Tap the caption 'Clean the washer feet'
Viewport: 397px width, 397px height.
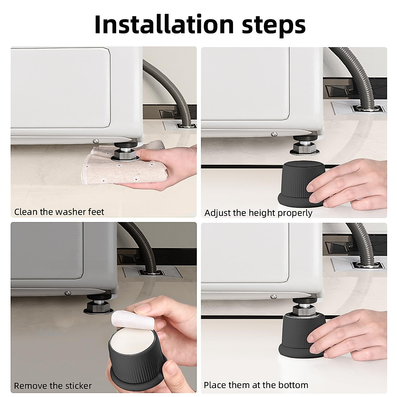tap(59, 212)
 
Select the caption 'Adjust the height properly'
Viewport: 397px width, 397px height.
tap(258, 213)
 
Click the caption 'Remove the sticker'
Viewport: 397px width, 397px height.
tap(53, 386)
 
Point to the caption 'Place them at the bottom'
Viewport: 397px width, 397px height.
tap(256, 385)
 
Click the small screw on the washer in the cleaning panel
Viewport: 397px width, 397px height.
tap(96, 141)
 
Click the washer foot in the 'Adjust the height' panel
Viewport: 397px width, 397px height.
tap(304, 145)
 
